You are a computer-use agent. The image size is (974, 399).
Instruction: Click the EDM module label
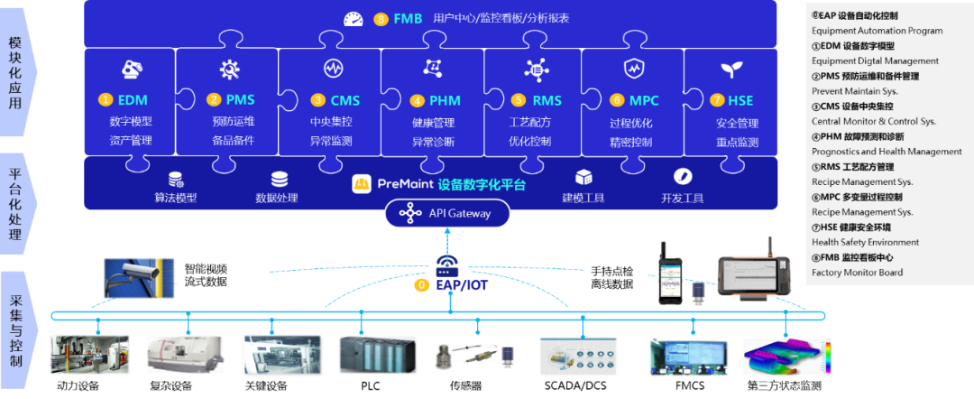pyautogui.click(x=132, y=99)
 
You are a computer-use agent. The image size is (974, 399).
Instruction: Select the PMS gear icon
pyautogui.click(x=229, y=69)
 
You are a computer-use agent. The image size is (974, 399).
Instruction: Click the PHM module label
pyautogui.click(x=444, y=99)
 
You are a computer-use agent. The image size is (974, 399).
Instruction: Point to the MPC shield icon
pyautogui.click(x=633, y=69)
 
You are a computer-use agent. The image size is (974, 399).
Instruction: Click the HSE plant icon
pyautogui.click(x=730, y=70)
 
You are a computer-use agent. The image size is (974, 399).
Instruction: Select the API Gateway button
pyautogui.click(x=447, y=213)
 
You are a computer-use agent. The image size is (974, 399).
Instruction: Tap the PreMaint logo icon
pyautogui.click(x=363, y=184)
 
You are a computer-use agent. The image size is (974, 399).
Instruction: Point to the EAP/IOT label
pyautogui.click(x=462, y=284)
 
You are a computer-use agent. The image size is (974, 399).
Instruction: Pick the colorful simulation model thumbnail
pyautogui.click(x=786, y=355)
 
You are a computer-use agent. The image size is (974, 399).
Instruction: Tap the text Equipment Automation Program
pyautogui.click(x=877, y=31)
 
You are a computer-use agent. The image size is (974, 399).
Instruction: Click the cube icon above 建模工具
pyautogui.click(x=583, y=178)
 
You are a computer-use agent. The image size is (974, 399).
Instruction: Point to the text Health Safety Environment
pyautogui.click(x=865, y=242)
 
